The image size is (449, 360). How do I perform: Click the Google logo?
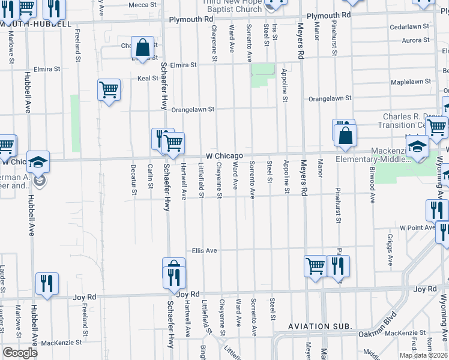pos(20,353)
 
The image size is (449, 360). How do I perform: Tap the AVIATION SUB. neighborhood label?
pos(319,326)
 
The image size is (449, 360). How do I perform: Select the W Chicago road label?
pos(224,155)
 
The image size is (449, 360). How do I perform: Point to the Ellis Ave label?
pos(204,250)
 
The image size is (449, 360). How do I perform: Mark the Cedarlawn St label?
pos(409,27)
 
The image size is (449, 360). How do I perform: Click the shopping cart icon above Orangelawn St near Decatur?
pos(109,90)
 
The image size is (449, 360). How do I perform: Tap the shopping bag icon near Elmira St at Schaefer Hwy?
pos(143,47)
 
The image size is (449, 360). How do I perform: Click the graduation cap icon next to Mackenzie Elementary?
pos(417,146)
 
